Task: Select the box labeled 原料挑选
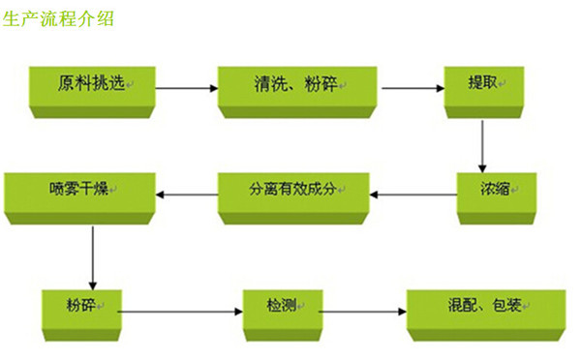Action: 93,88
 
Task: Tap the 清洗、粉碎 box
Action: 296,88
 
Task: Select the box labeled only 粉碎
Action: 83,312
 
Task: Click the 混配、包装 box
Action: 485,312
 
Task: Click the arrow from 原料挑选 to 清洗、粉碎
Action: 186,89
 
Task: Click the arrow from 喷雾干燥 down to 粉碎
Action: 92,257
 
